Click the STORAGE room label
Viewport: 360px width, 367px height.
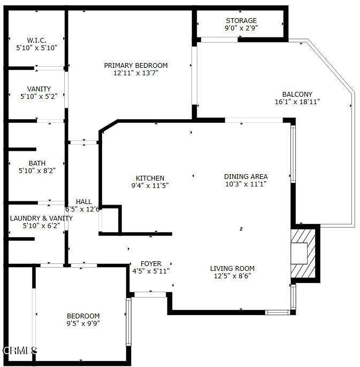click(241, 21)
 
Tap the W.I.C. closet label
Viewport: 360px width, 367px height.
click(36, 40)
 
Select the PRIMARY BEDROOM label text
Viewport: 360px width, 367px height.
click(136, 65)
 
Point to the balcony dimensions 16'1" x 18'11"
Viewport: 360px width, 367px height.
click(297, 102)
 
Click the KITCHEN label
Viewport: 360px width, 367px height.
click(150, 178)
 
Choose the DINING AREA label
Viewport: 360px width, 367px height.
click(246, 176)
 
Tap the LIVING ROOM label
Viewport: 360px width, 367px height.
click(232, 269)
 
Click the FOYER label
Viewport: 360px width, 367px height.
click(151, 264)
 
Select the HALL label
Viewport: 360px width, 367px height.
click(84, 202)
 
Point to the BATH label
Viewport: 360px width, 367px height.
click(37, 163)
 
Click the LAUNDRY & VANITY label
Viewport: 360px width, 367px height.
click(41, 218)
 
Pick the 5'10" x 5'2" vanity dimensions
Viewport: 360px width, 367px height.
click(39, 97)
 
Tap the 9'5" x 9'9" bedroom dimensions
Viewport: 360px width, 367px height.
click(83, 324)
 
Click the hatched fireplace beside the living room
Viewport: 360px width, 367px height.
click(303, 254)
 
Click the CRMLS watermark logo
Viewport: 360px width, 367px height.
click(20, 350)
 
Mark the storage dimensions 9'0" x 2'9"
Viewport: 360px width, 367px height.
click(241, 28)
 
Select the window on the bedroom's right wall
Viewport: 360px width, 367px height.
click(128, 322)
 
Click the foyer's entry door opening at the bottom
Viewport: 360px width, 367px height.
click(150, 294)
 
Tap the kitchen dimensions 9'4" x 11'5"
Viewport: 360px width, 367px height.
click(150, 185)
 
